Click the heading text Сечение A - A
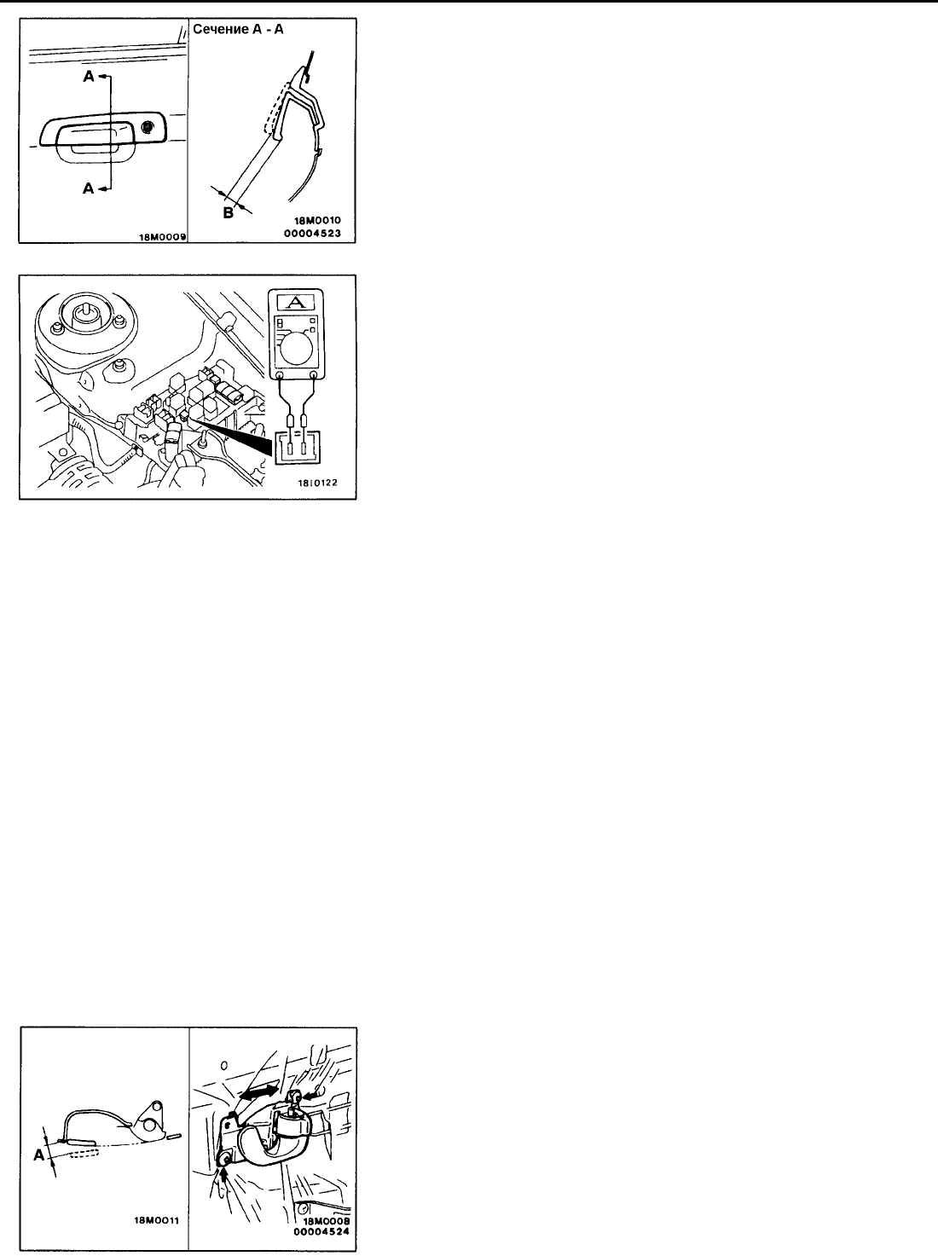[x=238, y=29]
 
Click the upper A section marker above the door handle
[x=89, y=76]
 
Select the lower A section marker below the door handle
[x=88, y=188]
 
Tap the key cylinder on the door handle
[x=148, y=127]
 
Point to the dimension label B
[x=228, y=213]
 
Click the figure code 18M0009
[x=163, y=236]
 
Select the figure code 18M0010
[x=317, y=221]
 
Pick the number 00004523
[x=316, y=233]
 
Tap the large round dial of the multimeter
[x=297, y=347]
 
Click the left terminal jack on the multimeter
[x=280, y=375]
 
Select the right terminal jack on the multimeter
[x=314, y=375]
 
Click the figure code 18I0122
[x=317, y=483]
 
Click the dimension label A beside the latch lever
[x=39, y=1155]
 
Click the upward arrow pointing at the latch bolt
[x=223, y=1176]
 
